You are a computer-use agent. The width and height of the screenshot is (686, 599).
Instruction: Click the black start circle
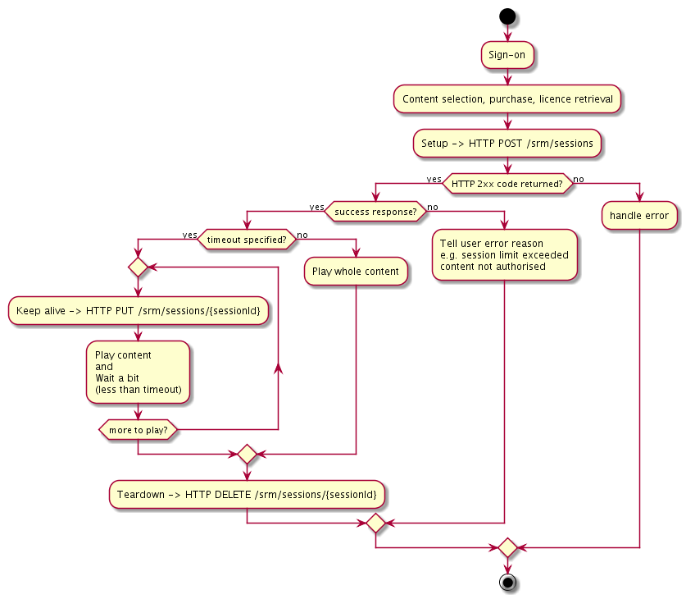click(507, 16)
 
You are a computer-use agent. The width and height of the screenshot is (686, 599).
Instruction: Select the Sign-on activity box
click(507, 55)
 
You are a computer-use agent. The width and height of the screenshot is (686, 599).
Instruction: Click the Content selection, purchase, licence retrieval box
click(507, 99)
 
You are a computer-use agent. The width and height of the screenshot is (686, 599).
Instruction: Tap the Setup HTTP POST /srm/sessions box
click(507, 143)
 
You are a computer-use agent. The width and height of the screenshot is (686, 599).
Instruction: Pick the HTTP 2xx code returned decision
click(507, 183)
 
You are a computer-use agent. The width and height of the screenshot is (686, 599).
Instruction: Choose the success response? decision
click(375, 212)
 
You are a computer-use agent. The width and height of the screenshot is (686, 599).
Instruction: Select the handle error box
click(639, 216)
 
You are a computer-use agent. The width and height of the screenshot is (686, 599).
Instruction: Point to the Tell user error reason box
click(504, 254)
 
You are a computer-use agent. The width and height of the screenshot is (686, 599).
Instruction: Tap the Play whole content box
click(356, 272)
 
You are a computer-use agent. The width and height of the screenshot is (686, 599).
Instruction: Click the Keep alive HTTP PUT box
click(138, 312)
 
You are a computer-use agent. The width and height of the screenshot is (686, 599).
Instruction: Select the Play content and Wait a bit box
click(138, 372)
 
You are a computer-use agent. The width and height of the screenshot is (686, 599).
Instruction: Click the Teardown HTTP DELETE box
click(247, 495)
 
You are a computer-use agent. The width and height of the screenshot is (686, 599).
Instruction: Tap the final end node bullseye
click(507, 582)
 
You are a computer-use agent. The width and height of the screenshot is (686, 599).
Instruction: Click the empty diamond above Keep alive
click(138, 267)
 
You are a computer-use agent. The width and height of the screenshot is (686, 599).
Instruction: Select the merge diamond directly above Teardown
click(247, 454)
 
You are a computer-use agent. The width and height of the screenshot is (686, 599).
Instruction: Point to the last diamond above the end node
click(507, 547)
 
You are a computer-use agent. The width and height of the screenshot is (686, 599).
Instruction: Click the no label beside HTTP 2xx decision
click(579, 179)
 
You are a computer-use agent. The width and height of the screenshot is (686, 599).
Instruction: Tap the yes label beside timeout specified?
click(189, 235)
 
